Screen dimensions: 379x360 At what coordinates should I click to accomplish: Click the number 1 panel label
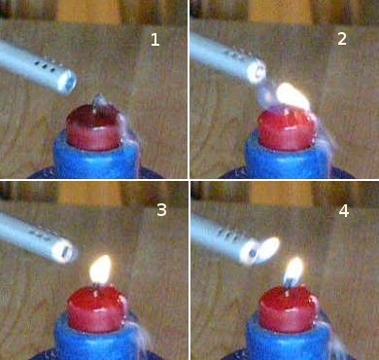coord(155,40)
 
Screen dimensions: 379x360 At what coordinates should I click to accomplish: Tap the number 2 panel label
coord(342,39)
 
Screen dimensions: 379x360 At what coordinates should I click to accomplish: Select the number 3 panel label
coord(161,210)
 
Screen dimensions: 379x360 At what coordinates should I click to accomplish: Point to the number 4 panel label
coord(344,211)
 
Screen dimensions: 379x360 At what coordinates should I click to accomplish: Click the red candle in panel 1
coord(94,127)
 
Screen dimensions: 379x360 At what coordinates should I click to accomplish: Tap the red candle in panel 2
coord(287,129)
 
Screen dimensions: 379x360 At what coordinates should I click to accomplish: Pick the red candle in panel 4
coord(288,309)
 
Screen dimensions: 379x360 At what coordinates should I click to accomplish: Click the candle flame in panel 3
coord(100,270)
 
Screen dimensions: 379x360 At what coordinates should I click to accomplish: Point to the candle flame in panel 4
coord(293,271)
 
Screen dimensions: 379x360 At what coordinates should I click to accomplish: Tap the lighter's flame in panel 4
coord(268,249)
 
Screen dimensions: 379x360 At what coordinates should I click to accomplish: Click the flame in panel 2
coord(293,96)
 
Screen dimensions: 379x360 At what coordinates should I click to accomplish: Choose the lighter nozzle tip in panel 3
coord(65,252)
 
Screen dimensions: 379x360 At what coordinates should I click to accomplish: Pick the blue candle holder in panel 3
coord(97,338)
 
